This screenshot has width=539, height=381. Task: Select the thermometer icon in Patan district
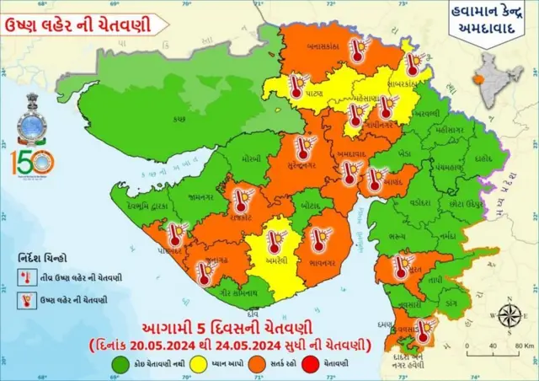(296, 86)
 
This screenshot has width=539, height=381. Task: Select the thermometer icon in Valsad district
(424, 328)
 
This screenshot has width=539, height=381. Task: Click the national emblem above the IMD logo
(33, 106)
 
